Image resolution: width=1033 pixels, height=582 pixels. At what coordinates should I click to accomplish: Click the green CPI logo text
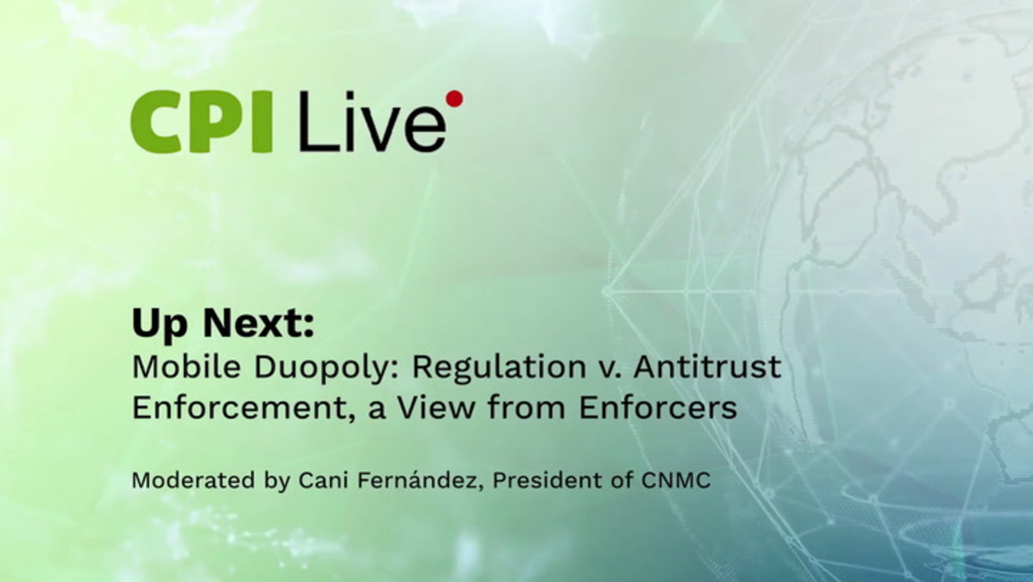(x=201, y=121)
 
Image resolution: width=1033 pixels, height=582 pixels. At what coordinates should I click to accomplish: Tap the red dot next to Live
(x=455, y=99)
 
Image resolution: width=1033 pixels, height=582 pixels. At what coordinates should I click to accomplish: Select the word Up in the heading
(x=160, y=325)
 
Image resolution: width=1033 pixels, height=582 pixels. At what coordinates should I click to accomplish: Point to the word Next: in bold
(x=259, y=323)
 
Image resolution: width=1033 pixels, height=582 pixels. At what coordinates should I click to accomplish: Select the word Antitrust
(x=708, y=367)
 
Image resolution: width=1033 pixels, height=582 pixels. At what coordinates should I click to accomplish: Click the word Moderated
(x=193, y=480)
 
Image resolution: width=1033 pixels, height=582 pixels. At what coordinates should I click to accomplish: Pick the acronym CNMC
(x=675, y=480)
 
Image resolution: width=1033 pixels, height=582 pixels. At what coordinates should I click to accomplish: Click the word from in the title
(x=527, y=408)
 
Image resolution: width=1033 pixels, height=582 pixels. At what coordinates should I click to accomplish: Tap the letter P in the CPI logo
(x=222, y=121)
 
